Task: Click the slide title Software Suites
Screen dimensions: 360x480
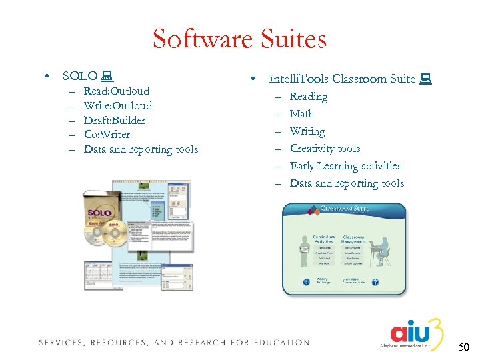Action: (239, 39)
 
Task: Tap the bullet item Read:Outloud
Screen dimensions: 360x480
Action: (117, 91)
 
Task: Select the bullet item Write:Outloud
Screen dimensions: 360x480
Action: (118, 105)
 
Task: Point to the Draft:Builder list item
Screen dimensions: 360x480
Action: (115, 120)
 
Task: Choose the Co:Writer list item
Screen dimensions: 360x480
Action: (107, 134)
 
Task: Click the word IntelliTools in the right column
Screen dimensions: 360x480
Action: (298, 79)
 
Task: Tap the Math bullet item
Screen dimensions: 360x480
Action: (302, 113)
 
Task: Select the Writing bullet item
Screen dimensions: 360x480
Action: (307, 131)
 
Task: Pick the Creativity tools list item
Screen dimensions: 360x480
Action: (325, 148)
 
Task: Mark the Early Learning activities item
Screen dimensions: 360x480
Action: (345, 165)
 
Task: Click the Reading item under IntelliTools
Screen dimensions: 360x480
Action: (309, 96)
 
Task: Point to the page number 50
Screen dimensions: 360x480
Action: (463, 347)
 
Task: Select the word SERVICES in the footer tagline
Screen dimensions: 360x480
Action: (60, 343)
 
